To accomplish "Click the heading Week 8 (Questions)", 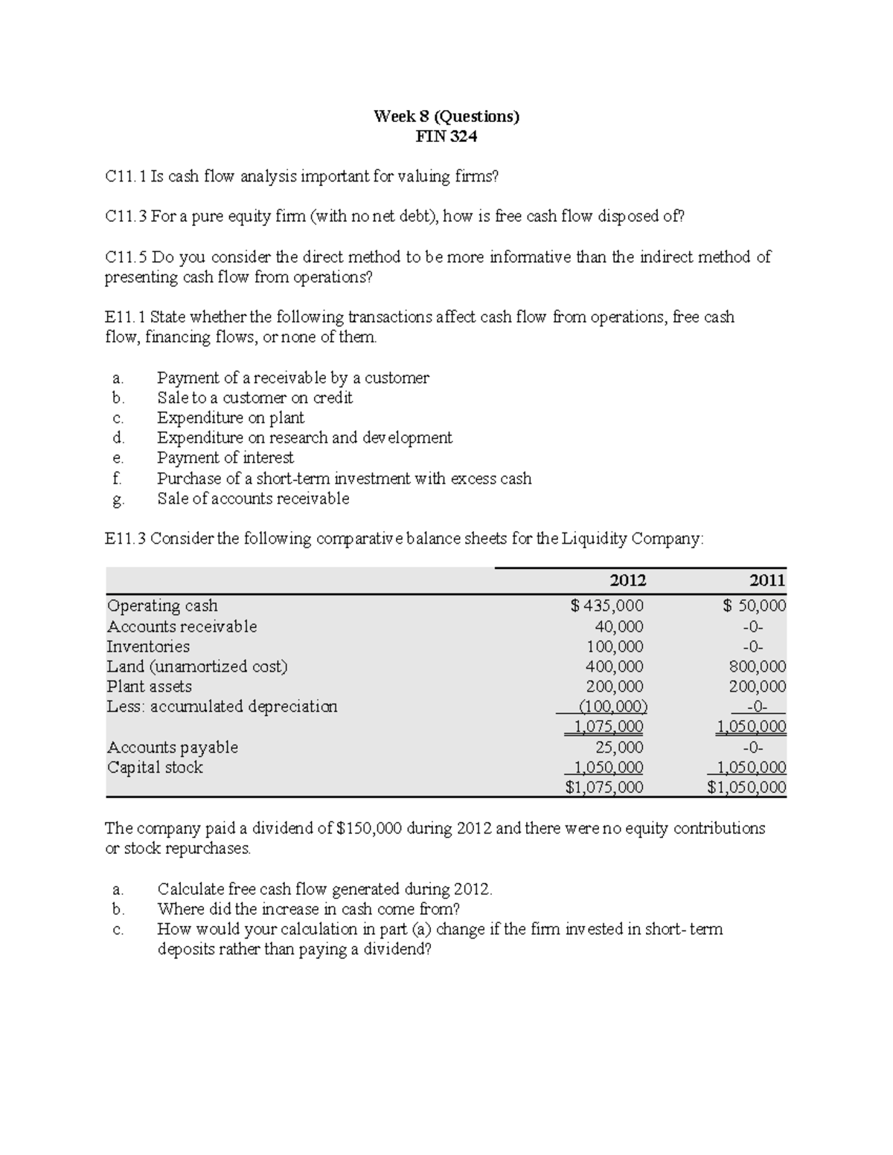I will pos(446,116).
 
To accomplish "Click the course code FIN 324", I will pos(446,136).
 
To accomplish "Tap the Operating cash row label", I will pos(162,605).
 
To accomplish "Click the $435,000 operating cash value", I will pos(607,605).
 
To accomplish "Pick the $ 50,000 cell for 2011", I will pos(755,605).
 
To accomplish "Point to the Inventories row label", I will pos(148,646).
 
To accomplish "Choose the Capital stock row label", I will pos(155,767).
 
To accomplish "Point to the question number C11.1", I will pos(126,176).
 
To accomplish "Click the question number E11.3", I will pos(126,538).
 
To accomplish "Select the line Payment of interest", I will pos(225,457).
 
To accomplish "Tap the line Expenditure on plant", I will pos(231,417).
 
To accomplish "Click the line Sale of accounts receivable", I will pos(253,498).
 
